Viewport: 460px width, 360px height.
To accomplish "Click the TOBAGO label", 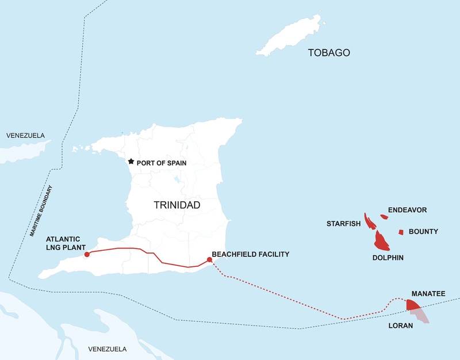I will (329, 53).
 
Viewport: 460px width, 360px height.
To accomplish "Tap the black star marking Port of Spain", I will (131, 162).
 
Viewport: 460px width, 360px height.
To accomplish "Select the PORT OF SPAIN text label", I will (162, 163).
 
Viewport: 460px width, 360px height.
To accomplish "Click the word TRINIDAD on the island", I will (177, 205).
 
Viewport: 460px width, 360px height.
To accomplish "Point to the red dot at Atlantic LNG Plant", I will (86, 254).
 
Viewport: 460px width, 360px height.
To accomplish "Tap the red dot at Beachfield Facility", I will (209, 260).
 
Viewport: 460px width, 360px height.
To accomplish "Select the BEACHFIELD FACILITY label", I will (250, 254).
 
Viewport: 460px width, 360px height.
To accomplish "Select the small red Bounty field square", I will (401, 232).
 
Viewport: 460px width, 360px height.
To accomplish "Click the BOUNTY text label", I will (423, 232).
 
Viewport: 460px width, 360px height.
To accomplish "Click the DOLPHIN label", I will (388, 258).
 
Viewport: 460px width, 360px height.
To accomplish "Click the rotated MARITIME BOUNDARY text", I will (41, 212).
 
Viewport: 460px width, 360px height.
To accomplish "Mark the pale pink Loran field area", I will (421, 315).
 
